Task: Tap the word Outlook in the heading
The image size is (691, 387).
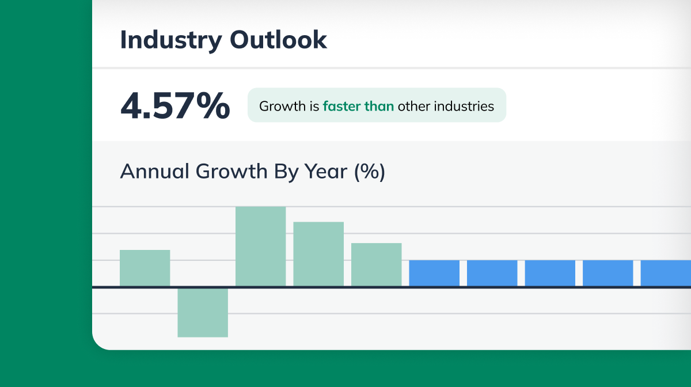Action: (x=278, y=40)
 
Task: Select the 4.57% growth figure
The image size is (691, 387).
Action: (x=175, y=106)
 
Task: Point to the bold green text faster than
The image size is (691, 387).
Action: (x=358, y=106)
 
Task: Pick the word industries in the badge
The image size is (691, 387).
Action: (x=464, y=106)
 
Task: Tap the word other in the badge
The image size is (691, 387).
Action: (x=415, y=106)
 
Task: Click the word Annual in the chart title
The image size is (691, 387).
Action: (x=154, y=172)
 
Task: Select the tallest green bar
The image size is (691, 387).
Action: (x=261, y=246)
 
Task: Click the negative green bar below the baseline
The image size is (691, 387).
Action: (x=203, y=312)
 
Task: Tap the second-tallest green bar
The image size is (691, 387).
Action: (x=318, y=254)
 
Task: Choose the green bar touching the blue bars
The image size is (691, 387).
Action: (x=377, y=264)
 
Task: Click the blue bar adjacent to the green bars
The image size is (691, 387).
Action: (x=434, y=273)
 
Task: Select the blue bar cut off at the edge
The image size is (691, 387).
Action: (x=666, y=273)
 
